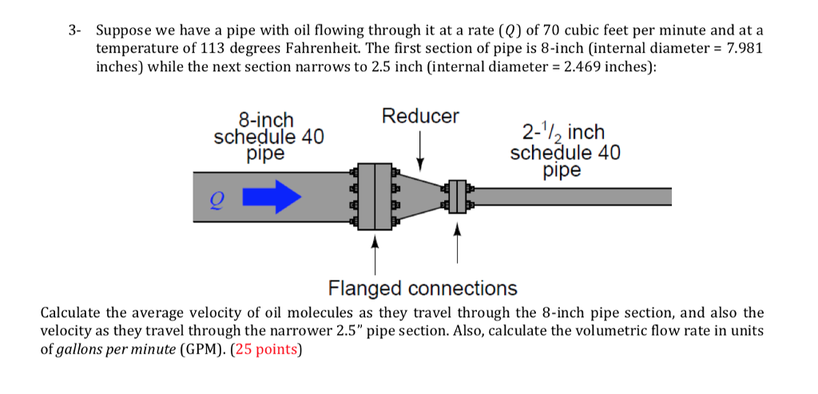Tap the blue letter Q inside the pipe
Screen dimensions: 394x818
point(213,201)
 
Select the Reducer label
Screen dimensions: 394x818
point(420,117)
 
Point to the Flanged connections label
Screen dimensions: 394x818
point(423,288)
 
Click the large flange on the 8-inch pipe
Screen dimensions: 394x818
point(374,197)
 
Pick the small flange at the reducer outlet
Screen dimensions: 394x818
point(457,197)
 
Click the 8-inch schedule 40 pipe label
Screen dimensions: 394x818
point(268,137)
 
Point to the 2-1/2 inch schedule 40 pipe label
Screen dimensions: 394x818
point(565,151)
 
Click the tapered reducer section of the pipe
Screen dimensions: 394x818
point(417,197)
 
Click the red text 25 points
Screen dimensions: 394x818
point(267,349)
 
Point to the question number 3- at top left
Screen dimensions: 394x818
point(75,31)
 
